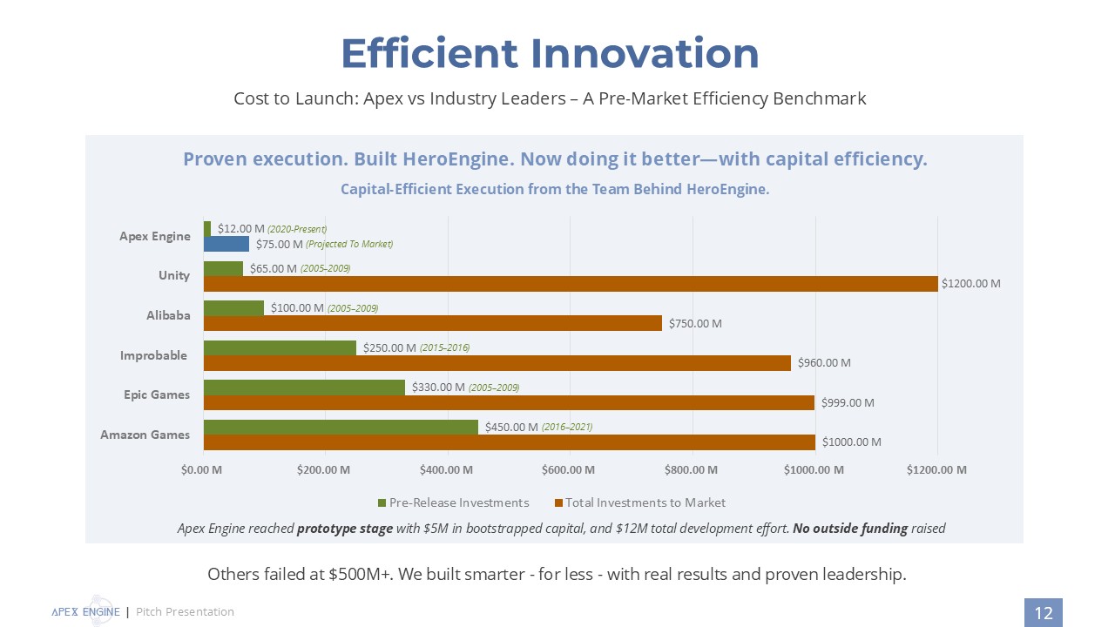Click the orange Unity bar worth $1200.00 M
[x=571, y=284]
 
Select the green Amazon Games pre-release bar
[x=341, y=427]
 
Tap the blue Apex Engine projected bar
[x=226, y=244]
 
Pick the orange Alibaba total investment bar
[x=432, y=323]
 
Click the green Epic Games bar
[x=304, y=388]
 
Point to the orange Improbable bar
[x=497, y=362]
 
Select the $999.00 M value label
[x=848, y=402]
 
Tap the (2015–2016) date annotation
[x=444, y=347]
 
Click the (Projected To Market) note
[x=349, y=244]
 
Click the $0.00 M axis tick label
[x=202, y=470]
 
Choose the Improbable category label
[x=154, y=355]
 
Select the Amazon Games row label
[x=145, y=435]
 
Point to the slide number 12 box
[x=1043, y=613]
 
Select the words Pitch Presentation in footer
[x=185, y=612]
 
